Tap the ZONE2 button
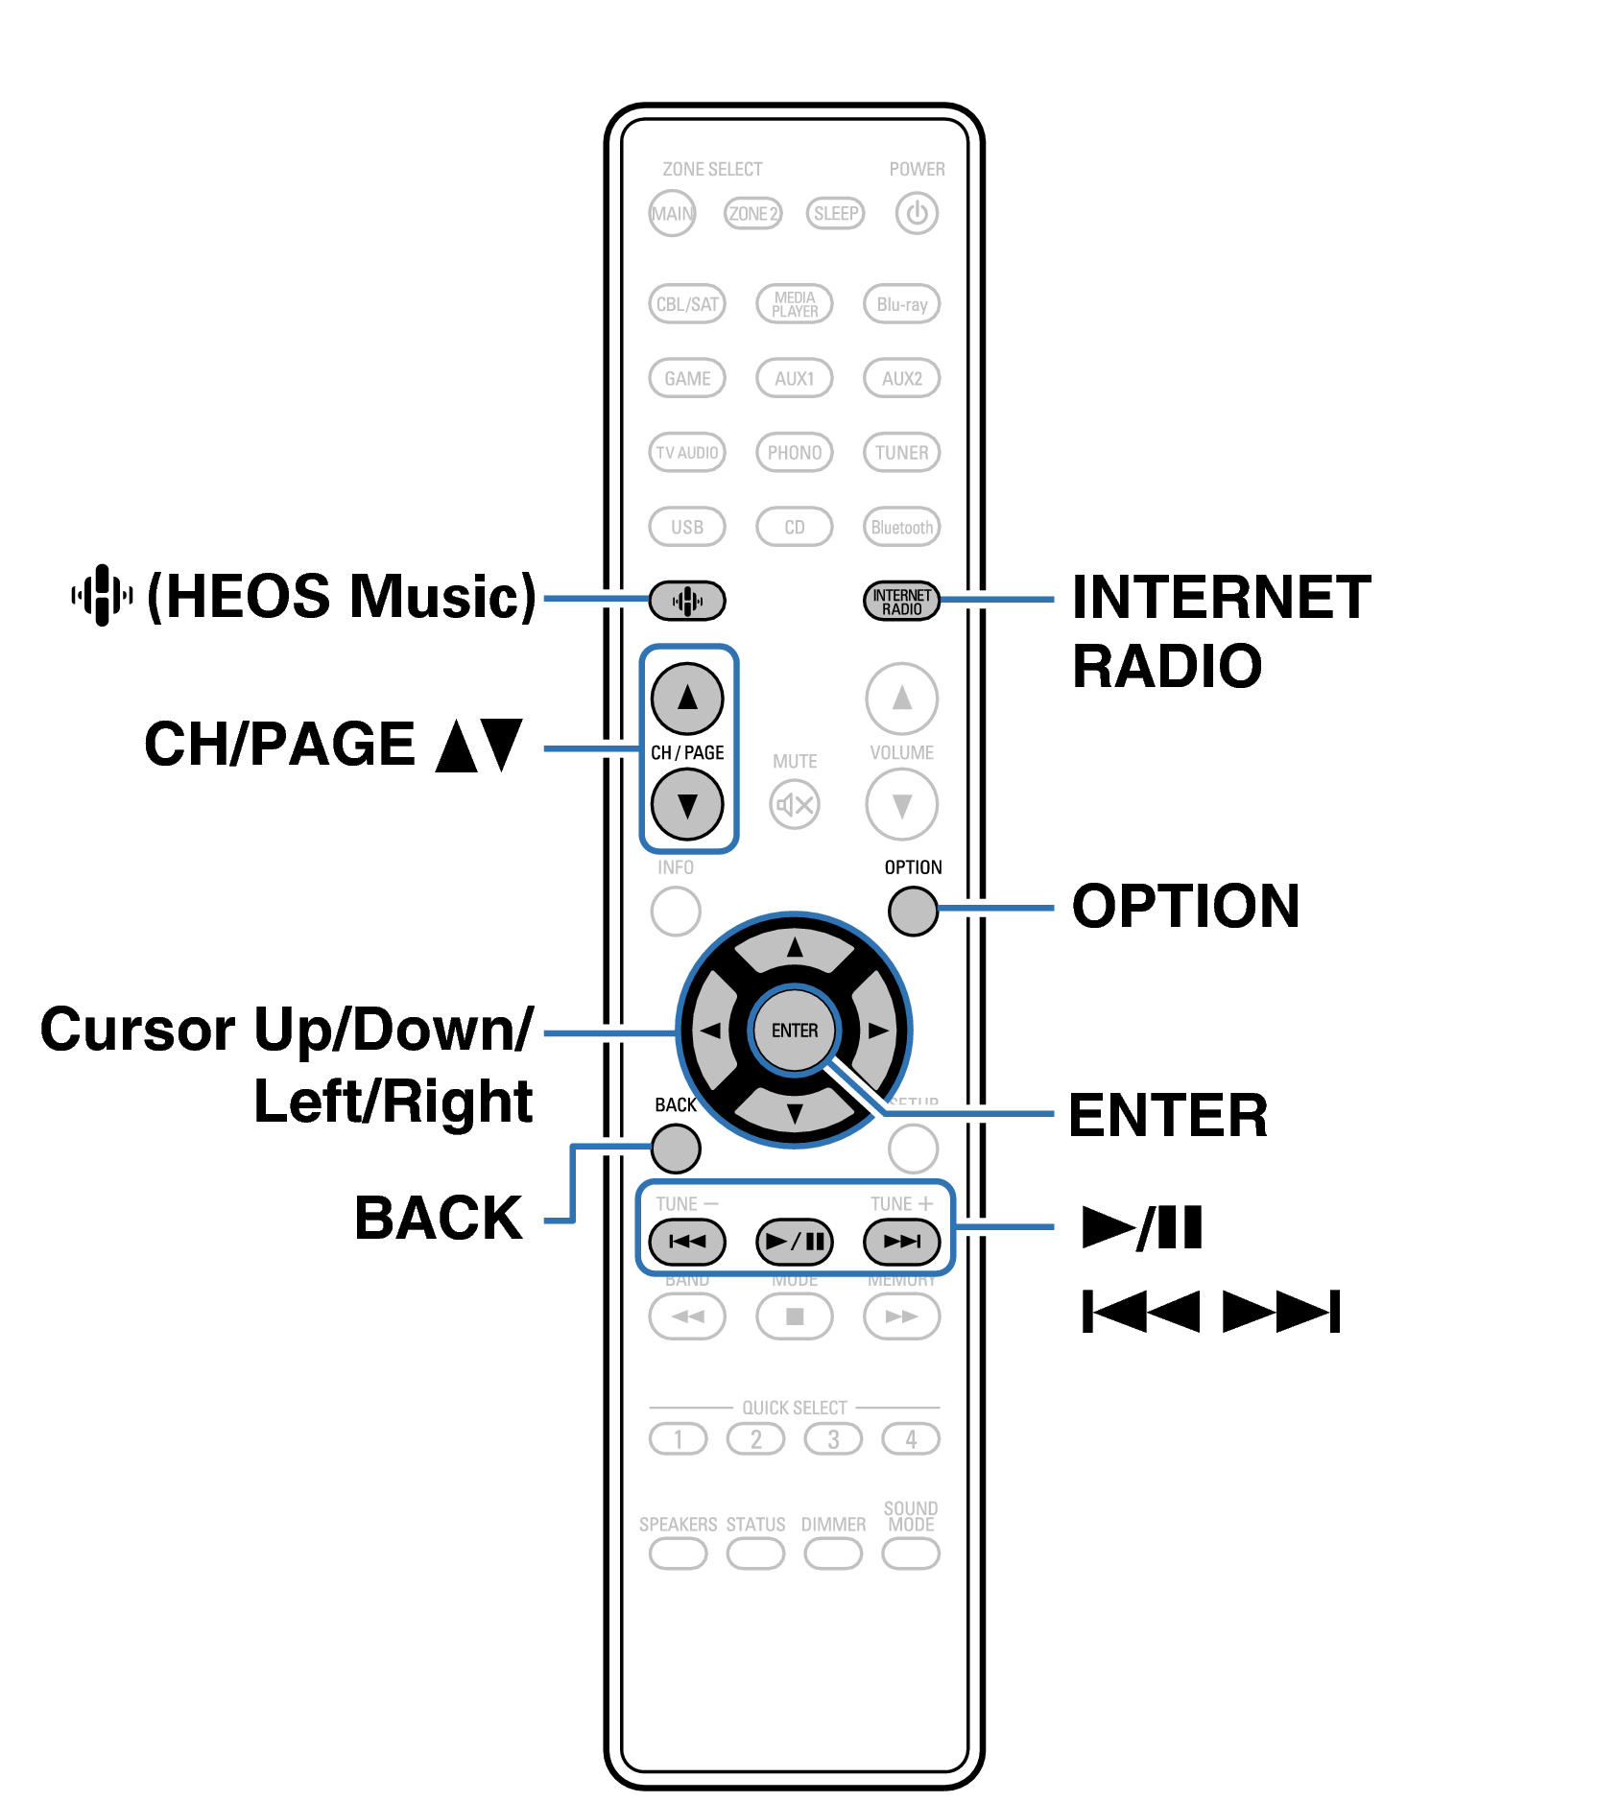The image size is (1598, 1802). (752, 213)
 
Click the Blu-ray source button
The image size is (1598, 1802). (901, 304)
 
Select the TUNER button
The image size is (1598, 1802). (901, 452)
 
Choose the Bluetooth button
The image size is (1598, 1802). (901, 527)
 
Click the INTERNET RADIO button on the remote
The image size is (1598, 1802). (901, 602)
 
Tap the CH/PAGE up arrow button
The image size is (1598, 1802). (687, 698)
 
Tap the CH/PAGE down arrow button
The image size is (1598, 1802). (687, 804)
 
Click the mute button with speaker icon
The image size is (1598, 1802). (795, 804)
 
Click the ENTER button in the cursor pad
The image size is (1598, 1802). (795, 1031)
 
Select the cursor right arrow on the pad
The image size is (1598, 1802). (877, 1031)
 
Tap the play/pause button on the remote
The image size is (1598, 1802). (795, 1242)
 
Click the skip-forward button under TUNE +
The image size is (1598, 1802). (901, 1242)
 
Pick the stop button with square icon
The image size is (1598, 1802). (795, 1316)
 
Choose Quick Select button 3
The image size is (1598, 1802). (833, 1439)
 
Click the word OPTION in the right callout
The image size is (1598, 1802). (1185, 906)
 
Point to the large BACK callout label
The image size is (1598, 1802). (439, 1219)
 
